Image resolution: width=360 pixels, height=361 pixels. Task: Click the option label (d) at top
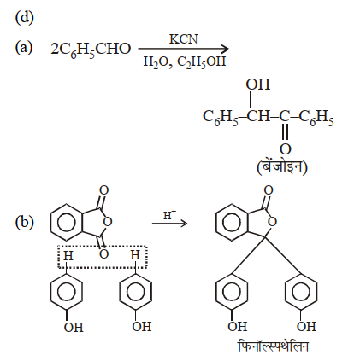click(x=24, y=18)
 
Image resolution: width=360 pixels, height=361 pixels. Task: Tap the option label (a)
click(x=24, y=47)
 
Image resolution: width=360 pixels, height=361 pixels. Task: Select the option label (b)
click(x=24, y=222)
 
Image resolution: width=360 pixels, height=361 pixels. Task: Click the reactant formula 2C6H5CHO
click(x=91, y=49)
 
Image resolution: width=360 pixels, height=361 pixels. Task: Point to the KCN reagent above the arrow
click(x=183, y=39)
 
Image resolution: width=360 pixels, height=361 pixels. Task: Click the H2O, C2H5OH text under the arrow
click(x=185, y=61)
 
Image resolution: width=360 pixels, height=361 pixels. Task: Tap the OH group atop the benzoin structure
click(x=258, y=84)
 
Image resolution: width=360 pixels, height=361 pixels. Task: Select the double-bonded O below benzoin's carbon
click(x=285, y=149)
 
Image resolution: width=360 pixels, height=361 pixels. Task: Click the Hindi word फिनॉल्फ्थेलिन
click(x=273, y=346)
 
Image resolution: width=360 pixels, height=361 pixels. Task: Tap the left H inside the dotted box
click(x=68, y=256)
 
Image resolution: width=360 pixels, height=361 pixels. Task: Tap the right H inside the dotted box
click(x=135, y=255)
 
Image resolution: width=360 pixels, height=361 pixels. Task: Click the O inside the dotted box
click(x=103, y=254)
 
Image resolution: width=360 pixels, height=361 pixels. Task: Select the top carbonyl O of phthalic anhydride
click(x=103, y=190)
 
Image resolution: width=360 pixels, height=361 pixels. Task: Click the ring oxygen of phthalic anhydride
click(x=107, y=222)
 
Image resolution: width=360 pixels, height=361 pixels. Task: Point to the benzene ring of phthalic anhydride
click(x=67, y=222)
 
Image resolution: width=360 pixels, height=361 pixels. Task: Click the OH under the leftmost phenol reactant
click(x=74, y=328)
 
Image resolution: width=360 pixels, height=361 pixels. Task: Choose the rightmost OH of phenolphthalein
click(x=307, y=327)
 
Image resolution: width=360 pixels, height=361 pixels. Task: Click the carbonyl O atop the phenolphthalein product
click(x=269, y=190)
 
